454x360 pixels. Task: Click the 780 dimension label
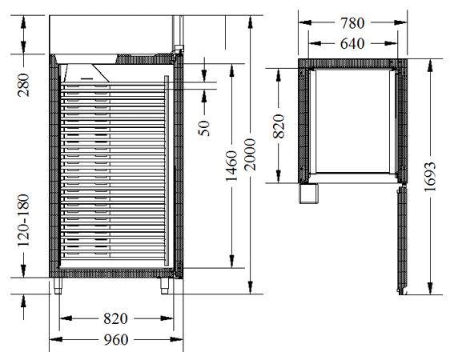pyautogui.click(x=352, y=23)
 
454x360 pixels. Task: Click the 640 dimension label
pyautogui.click(x=352, y=44)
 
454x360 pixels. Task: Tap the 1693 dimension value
pyautogui.click(x=430, y=177)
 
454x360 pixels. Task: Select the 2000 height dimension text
pyautogui.click(x=250, y=154)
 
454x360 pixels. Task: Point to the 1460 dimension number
pyautogui.click(x=231, y=166)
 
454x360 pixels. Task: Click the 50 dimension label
pyautogui.click(x=204, y=128)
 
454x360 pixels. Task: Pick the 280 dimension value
pyautogui.click(x=23, y=85)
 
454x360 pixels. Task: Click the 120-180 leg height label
pyautogui.click(x=23, y=221)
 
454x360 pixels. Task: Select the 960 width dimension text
pyautogui.click(x=116, y=340)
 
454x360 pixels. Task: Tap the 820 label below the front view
pyautogui.click(x=115, y=318)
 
